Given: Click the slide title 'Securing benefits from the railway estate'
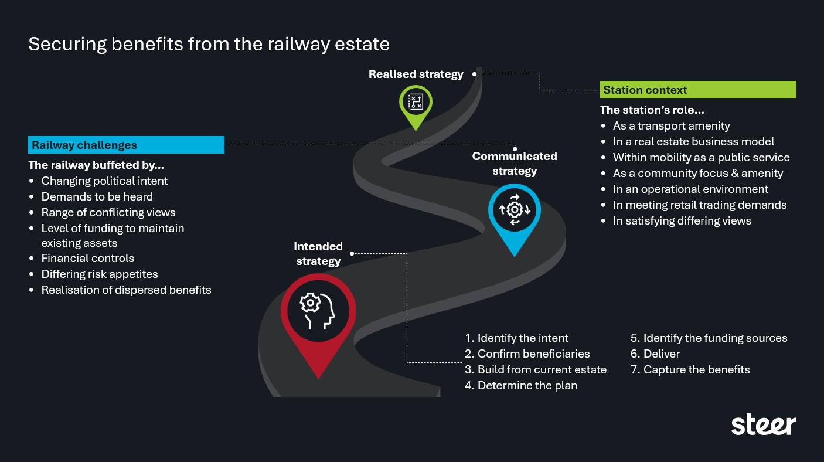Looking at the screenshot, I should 209,45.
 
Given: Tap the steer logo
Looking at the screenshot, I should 763,424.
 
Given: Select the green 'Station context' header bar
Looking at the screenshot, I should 698,90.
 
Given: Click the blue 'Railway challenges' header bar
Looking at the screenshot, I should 126,145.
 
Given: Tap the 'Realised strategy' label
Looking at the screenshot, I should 416,74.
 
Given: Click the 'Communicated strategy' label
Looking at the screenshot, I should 514,164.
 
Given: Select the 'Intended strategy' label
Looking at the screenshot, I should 318,254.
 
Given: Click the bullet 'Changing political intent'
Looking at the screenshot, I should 104,181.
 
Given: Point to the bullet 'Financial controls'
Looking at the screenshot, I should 87,258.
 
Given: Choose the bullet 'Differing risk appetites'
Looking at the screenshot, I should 99,274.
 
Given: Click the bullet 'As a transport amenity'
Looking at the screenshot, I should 671,125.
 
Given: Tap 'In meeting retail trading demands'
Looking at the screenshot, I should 699,205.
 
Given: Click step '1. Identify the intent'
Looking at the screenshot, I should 516,338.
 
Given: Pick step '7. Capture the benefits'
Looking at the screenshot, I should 690,369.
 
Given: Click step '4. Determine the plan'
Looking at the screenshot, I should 521,385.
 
